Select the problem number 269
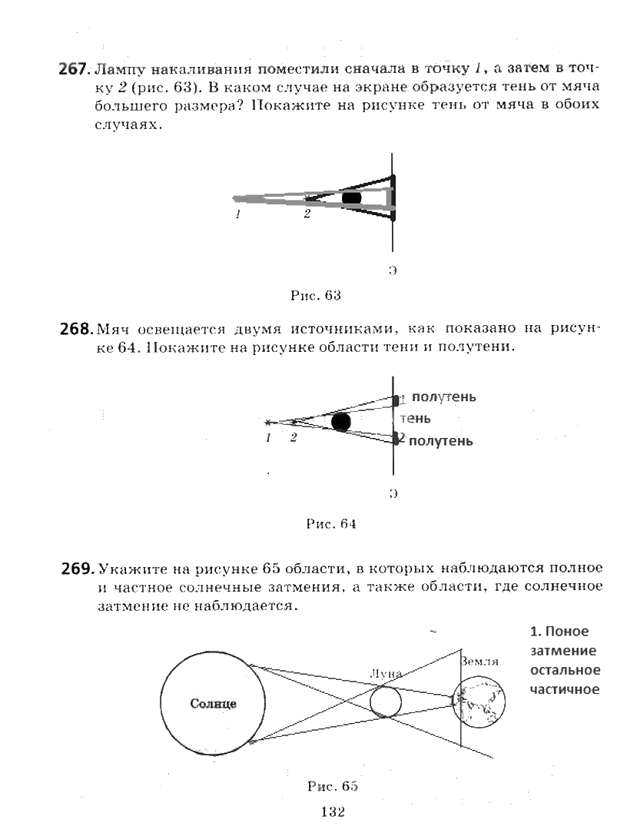tap(77, 569)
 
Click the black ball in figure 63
tap(351, 197)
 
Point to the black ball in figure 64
tap(341, 421)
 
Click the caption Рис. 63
tap(315, 295)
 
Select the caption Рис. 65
tap(333, 786)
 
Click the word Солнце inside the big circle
tap(213, 703)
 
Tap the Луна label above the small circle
tap(385, 673)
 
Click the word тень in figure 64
tap(415, 419)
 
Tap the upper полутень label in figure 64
tap(443, 396)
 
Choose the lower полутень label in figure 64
tap(440, 441)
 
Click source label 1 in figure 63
tap(238, 215)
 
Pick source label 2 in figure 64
tap(293, 438)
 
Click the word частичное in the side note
tap(565, 688)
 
